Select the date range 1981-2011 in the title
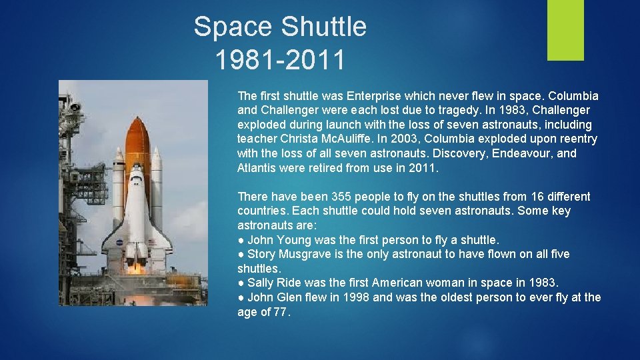click(x=280, y=59)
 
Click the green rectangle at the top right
click(x=565, y=30)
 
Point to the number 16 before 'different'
click(x=537, y=197)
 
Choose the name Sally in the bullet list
click(x=261, y=283)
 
